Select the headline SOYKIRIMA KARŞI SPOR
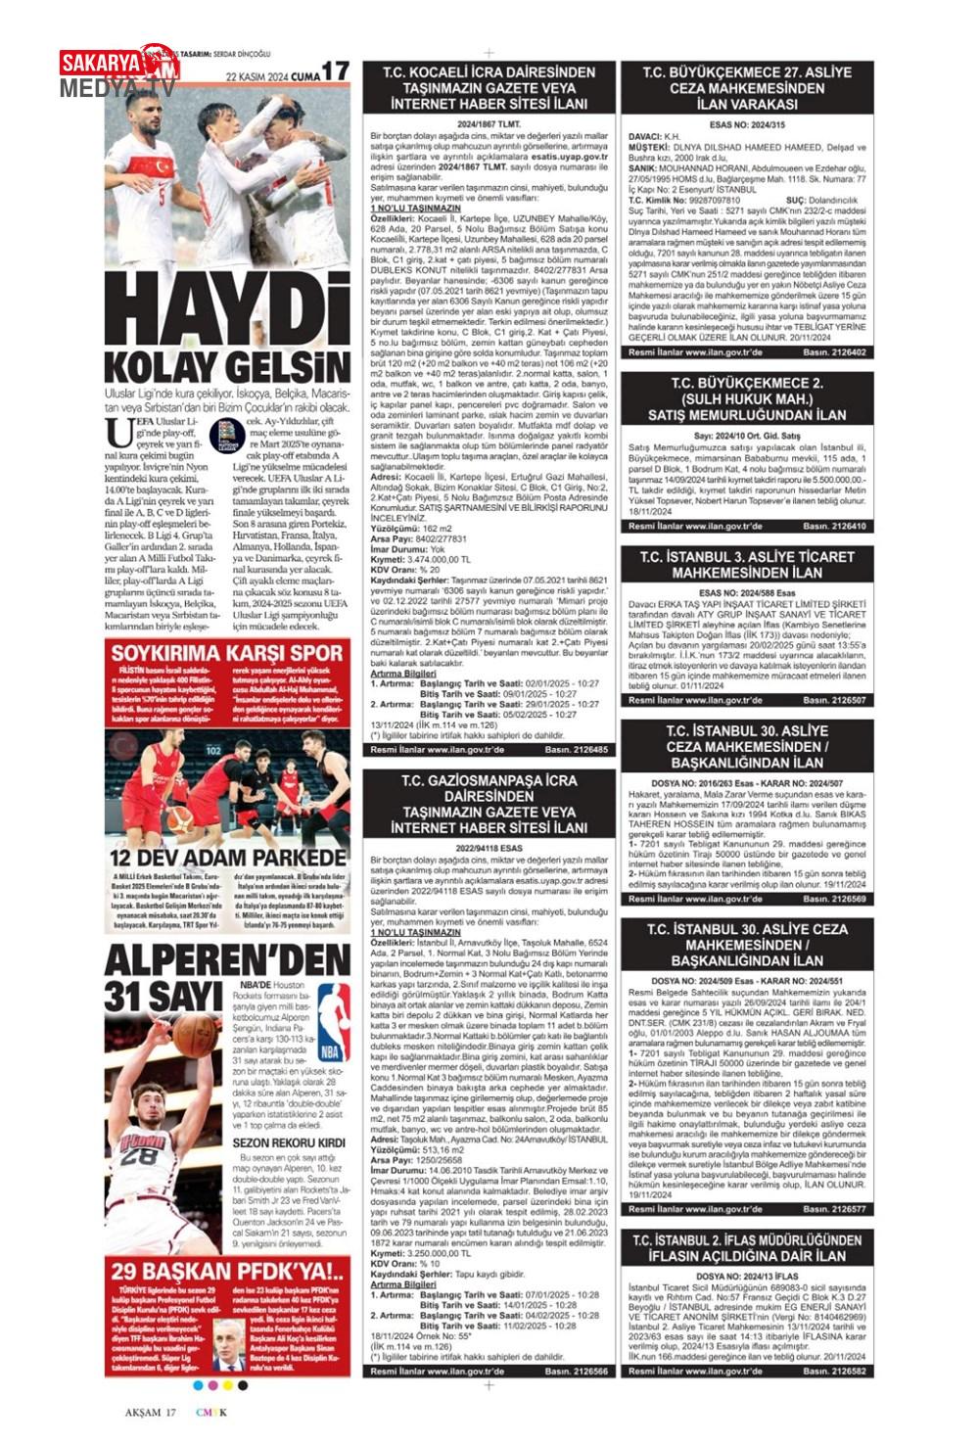[x=227, y=653]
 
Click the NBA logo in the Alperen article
[x=332, y=1022]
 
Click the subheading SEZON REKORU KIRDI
[x=289, y=1142]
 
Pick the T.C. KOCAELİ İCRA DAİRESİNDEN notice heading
[x=491, y=88]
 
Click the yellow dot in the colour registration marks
[x=228, y=1385]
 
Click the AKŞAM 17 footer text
[x=150, y=1412]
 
